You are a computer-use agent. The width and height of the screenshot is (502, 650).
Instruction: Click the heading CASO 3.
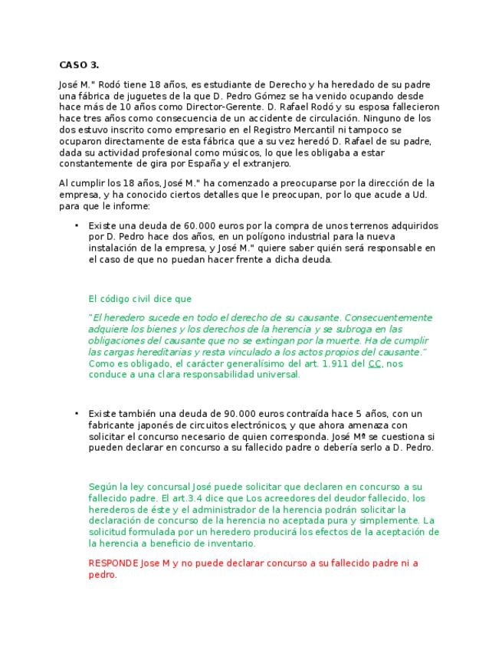point(78,64)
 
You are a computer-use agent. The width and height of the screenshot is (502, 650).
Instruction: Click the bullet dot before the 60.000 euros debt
point(77,226)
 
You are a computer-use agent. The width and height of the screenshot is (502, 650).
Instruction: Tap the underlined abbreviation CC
point(375,363)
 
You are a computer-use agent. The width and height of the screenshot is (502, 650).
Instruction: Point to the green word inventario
point(231,543)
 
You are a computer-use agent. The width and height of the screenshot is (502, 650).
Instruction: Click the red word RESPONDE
point(113,563)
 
